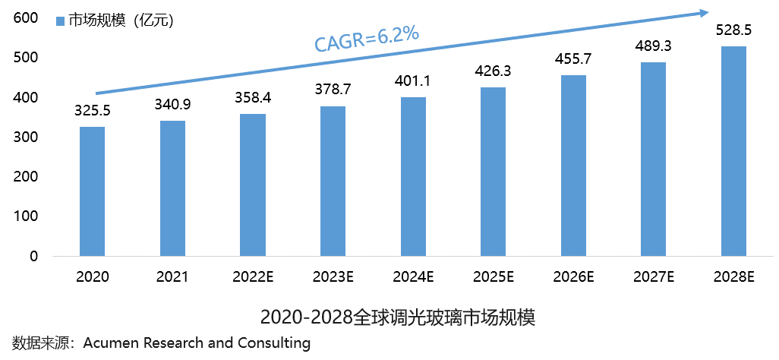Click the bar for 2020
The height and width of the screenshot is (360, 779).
click(93, 191)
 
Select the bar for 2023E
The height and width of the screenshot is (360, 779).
click(333, 181)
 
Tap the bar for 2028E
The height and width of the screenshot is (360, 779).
click(733, 151)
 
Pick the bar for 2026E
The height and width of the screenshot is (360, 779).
click(573, 166)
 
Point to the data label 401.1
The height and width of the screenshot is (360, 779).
click(413, 81)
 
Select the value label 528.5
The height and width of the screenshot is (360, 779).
click(734, 30)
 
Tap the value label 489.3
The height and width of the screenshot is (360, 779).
click(654, 46)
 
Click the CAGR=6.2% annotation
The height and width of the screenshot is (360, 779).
click(367, 40)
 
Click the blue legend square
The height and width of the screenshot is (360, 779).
click(60, 21)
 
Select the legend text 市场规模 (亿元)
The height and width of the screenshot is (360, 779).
click(121, 21)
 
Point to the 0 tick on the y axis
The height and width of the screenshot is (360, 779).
click(34, 257)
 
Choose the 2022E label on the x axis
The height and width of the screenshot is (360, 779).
click(253, 277)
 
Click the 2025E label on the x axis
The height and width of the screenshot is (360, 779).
click(493, 277)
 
